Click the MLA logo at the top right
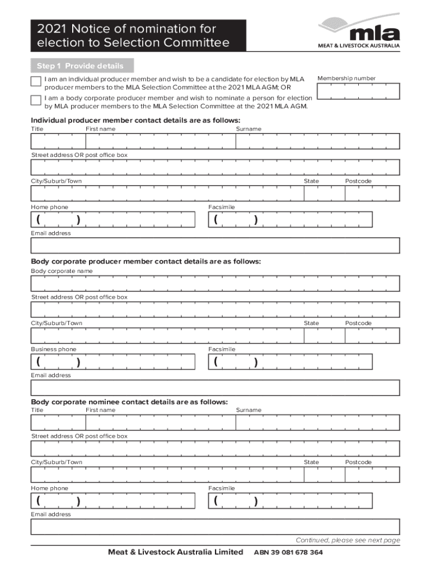[359, 33]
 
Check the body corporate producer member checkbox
[36, 101]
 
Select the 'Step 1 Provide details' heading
[80, 66]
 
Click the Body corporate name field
[215, 284]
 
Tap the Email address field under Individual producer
[215, 246]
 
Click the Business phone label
[54, 349]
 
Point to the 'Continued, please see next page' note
[348, 540]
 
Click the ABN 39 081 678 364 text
[288, 553]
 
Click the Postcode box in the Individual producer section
[372, 193]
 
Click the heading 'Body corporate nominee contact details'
[129, 402]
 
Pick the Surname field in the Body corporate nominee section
[317, 423]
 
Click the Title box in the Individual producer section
[58, 142]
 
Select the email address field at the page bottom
[215, 527]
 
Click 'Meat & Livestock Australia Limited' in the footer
[175, 552]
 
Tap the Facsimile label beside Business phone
[222, 349]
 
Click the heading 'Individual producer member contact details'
[135, 121]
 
